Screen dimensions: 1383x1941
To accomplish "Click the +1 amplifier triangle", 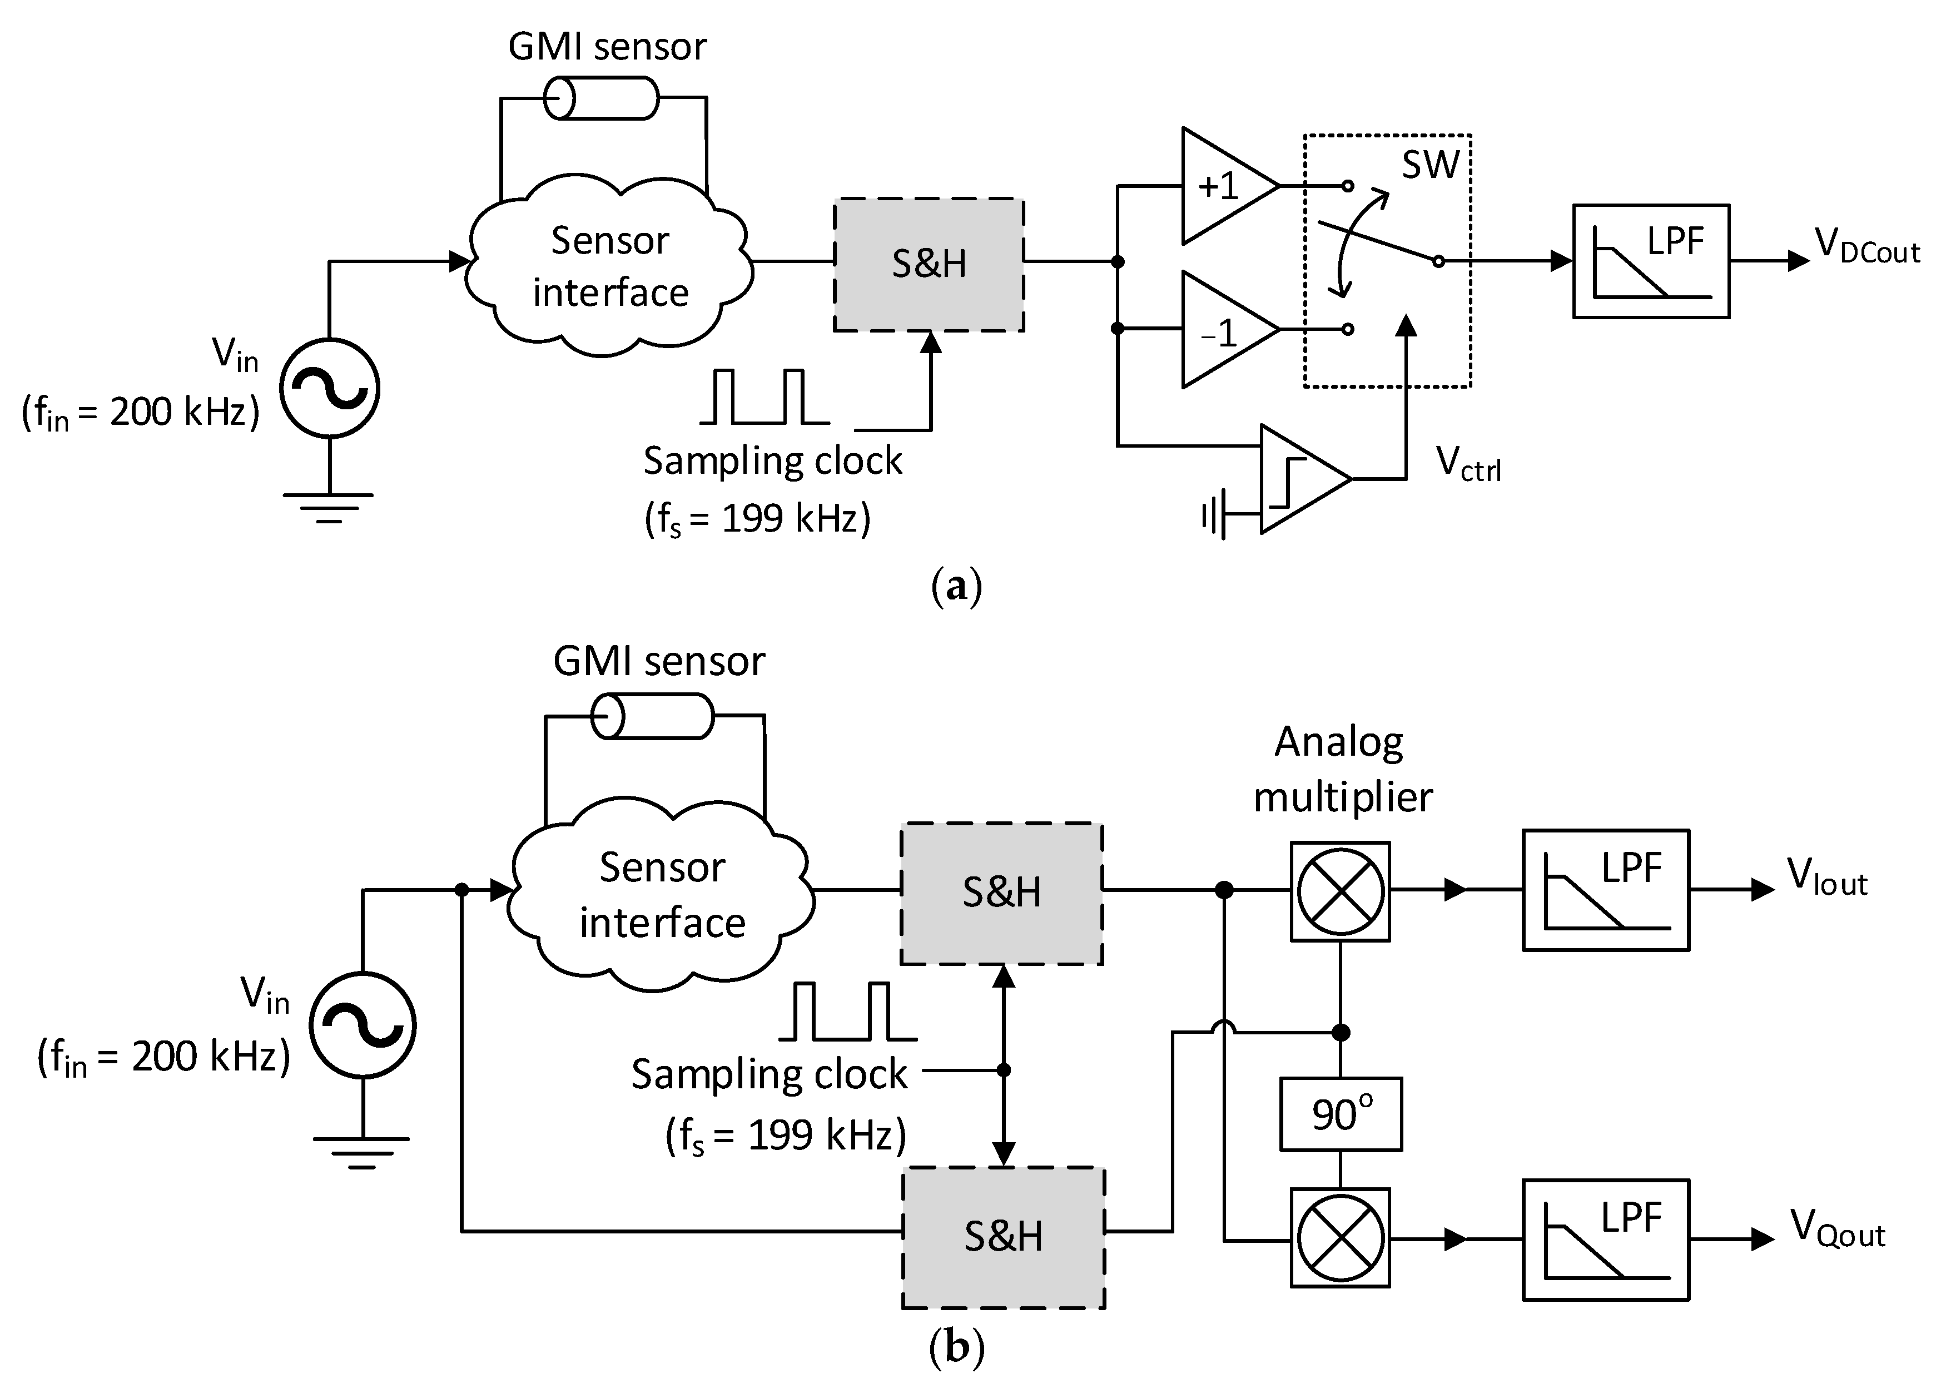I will coord(1222,186).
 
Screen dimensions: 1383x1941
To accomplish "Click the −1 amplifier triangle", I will coord(1222,330).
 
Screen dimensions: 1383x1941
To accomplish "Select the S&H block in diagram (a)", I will coord(929,264).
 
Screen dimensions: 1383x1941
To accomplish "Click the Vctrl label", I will coord(1468,465).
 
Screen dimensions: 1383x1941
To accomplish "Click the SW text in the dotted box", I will coord(1430,165).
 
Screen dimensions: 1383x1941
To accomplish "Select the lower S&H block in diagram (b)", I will coord(1003,1237).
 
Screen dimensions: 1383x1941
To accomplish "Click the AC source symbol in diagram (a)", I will coord(330,388).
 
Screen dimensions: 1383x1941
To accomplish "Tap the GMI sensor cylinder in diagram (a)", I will coord(601,98).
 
